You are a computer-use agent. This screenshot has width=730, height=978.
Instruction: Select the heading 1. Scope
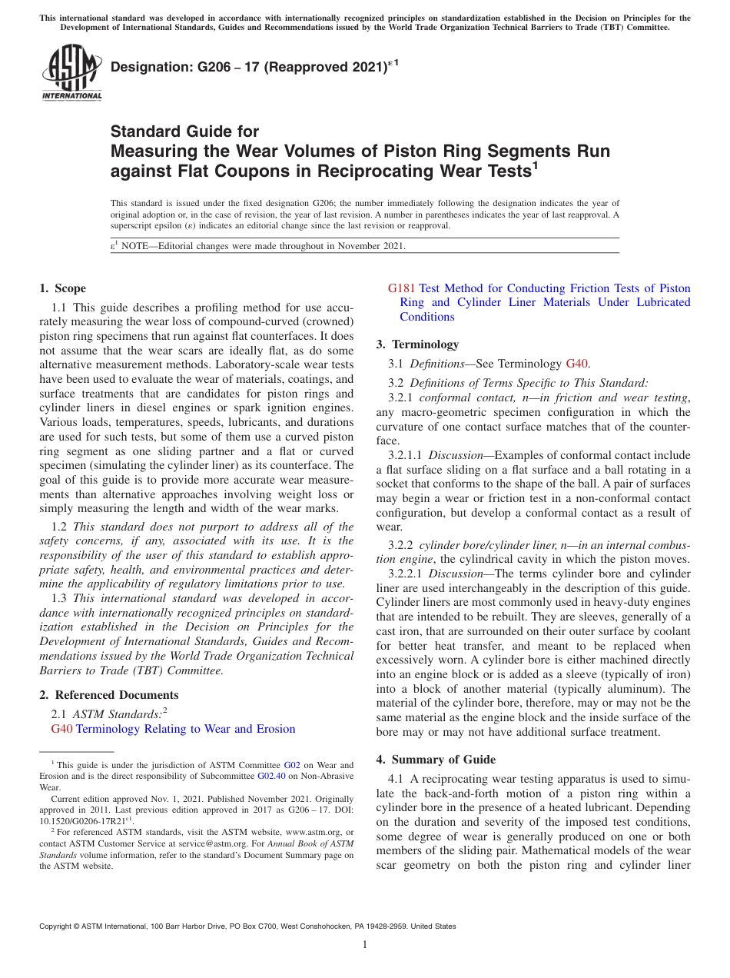click(x=62, y=288)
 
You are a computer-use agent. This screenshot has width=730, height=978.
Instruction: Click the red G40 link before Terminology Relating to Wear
click(x=61, y=729)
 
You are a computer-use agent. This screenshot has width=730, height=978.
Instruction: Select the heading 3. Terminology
click(x=417, y=344)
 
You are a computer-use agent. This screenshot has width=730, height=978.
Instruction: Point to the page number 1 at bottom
click(x=365, y=945)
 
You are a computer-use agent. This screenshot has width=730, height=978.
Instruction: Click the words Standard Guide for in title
click(x=184, y=131)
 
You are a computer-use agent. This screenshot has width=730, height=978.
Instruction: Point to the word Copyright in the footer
click(x=58, y=926)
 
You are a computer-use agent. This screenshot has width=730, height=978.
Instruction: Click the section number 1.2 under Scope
click(x=59, y=527)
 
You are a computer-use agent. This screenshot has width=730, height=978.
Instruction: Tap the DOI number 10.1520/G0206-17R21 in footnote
click(x=78, y=821)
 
